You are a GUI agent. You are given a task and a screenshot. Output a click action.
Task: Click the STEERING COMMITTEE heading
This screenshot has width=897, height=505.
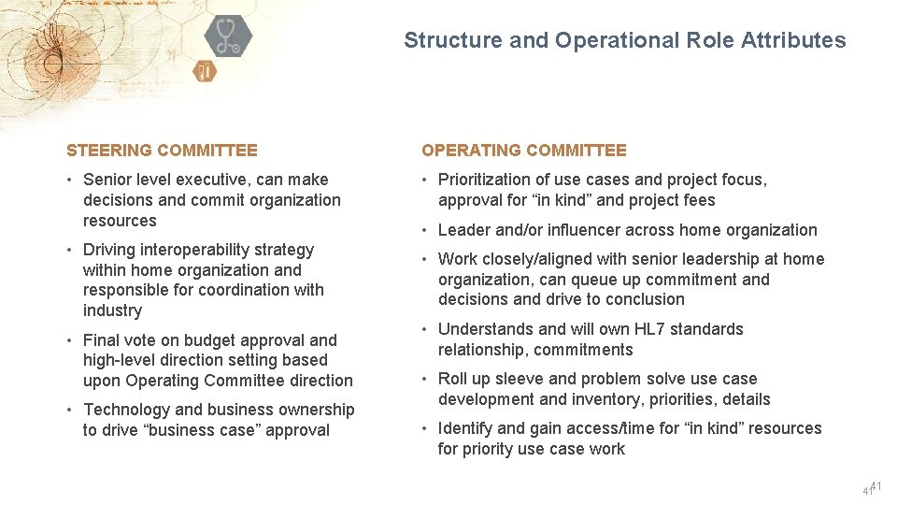(162, 151)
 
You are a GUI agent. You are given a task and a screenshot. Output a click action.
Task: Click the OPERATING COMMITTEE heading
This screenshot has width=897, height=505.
(524, 151)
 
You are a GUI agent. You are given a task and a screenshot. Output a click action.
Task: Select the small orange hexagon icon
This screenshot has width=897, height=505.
(206, 71)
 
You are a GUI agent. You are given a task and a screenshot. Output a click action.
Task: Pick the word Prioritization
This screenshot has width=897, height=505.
(488, 180)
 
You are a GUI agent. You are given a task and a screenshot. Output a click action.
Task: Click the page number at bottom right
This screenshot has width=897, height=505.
(873, 488)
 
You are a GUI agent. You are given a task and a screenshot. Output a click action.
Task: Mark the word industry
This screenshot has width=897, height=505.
(112, 310)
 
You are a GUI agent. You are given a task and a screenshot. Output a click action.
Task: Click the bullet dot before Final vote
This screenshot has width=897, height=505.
(71, 340)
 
